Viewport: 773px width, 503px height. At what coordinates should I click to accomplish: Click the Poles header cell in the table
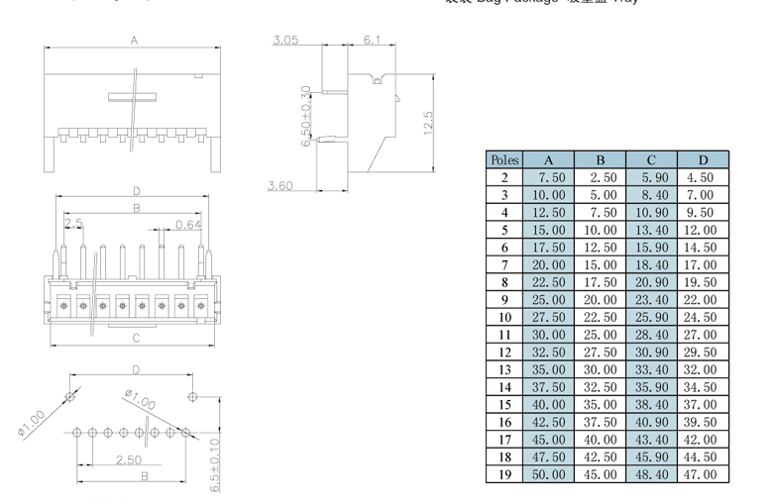(503, 159)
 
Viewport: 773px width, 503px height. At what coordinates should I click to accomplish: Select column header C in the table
(651, 159)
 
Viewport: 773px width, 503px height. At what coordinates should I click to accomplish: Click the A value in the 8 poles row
(550, 282)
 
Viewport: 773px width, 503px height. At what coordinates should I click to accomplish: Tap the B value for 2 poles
(603, 177)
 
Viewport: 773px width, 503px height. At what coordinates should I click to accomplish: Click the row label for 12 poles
(503, 352)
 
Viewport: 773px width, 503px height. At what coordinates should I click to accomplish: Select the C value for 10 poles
(651, 317)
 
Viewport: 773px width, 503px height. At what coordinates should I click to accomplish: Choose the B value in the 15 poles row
(601, 404)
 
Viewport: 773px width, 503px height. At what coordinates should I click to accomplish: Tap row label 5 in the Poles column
(503, 230)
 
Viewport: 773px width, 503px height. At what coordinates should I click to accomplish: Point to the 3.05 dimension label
(285, 41)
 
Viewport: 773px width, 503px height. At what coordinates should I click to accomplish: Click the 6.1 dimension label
(372, 40)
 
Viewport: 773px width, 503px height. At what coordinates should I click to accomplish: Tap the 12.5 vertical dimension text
(428, 127)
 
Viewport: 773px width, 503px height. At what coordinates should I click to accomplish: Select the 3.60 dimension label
(279, 185)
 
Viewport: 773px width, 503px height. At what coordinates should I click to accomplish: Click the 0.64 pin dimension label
(188, 224)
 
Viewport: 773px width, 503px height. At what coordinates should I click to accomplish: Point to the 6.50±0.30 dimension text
(306, 116)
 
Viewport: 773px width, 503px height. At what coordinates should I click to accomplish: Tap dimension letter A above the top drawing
(133, 41)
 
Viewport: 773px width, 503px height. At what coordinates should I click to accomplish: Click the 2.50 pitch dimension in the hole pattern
(127, 459)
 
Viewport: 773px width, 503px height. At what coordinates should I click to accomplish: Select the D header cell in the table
(703, 159)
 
